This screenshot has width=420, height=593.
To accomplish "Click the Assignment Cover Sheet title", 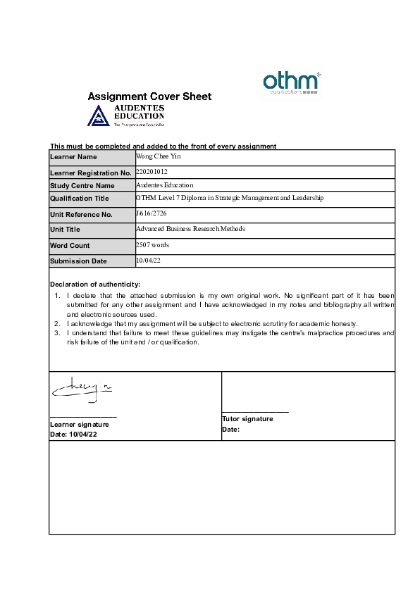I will click(x=149, y=96).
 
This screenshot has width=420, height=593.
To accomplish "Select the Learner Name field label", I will click(x=73, y=157).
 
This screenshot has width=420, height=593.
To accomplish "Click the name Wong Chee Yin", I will click(x=159, y=156).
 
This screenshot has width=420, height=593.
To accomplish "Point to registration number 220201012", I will click(x=152, y=171).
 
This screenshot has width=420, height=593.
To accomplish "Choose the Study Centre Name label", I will click(x=82, y=186).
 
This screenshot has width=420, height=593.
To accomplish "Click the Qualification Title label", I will click(x=80, y=199).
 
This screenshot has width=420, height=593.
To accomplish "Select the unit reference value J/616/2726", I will click(x=152, y=213).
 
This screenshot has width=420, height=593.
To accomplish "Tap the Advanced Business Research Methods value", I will click(x=190, y=229).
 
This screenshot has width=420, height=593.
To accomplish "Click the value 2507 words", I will click(x=152, y=244).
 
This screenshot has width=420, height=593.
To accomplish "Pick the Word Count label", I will click(x=70, y=246).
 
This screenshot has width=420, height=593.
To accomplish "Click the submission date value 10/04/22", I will click(x=147, y=260).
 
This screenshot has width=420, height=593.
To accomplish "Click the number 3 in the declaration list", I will click(x=56, y=332).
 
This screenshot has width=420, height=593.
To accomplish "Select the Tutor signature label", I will click(x=247, y=419).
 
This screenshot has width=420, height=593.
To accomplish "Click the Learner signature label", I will click(x=79, y=425).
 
